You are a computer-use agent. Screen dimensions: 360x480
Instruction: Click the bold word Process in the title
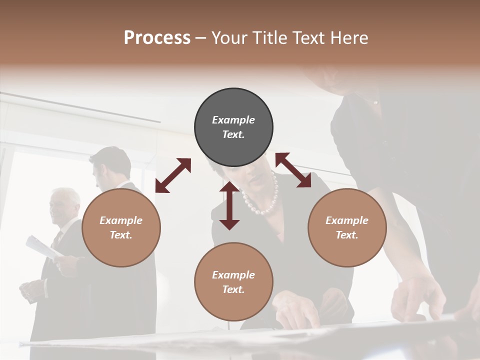(x=157, y=38)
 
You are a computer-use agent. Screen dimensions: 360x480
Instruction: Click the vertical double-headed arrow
(x=229, y=205)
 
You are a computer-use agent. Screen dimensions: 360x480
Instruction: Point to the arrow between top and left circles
(x=173, y=175)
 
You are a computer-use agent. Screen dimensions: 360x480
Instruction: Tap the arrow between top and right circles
(x=293, y=170)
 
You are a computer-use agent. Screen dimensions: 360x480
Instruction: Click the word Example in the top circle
(x=233, y=120)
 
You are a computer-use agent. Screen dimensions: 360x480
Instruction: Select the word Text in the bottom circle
(x=233, y=289)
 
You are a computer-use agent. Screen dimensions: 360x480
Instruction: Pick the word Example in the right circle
(x=347, y=220)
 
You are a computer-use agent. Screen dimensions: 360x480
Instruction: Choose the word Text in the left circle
(x=121, y=235)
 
